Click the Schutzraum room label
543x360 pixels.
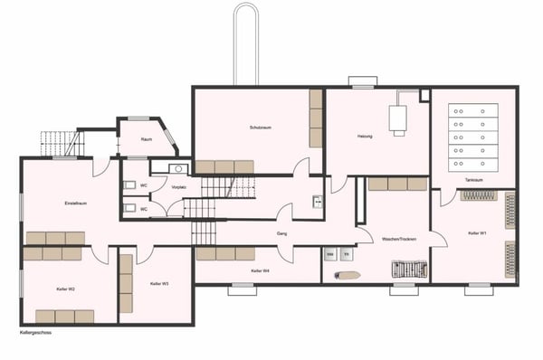261,128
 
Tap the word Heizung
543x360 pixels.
365,136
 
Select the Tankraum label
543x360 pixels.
473,180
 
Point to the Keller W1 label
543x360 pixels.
478,232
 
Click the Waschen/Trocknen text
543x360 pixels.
399,239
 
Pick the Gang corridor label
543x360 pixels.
281,232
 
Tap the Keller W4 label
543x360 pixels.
260,271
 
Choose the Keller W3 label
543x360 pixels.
159,283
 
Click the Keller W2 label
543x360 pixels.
64,289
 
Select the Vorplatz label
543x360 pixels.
178,186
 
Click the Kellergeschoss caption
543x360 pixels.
35,333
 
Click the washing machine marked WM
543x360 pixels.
330,255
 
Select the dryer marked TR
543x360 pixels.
346,255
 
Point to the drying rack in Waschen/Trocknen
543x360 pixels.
407,270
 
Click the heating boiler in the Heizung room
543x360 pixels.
398,119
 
